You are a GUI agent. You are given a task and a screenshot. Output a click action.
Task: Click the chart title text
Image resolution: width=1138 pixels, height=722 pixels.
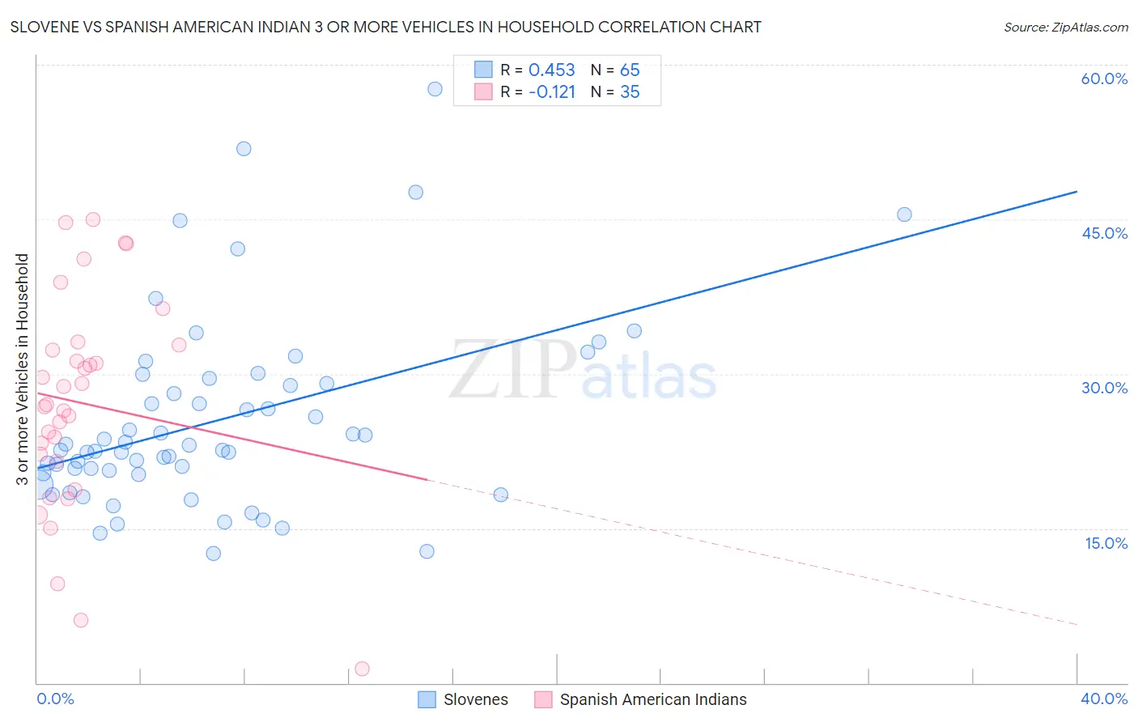pyautogui.click(x=385, y=27)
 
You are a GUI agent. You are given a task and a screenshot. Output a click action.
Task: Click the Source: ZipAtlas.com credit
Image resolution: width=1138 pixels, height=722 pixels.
pyautogui.click(x=1065, y=27)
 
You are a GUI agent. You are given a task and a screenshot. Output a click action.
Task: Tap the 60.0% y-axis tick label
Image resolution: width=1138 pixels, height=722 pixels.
pyautogui.click(x=1104, y=79)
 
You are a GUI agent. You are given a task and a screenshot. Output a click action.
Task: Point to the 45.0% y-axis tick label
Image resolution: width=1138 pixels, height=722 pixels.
pyautogui.click(x=1104, y=233)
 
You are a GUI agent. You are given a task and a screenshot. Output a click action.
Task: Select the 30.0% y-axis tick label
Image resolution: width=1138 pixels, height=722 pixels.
pyautogui.click(x=1104, y=388)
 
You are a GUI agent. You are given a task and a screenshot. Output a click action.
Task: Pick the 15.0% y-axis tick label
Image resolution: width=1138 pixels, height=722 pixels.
pyautogui.click(x=1106, y=543)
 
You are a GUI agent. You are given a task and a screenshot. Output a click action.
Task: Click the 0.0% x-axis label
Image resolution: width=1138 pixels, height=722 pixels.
pyautogui.click(x=55, y=699)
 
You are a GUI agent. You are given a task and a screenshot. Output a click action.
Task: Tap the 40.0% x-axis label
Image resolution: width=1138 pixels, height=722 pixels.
pyautogui.click(x=1103, y=699)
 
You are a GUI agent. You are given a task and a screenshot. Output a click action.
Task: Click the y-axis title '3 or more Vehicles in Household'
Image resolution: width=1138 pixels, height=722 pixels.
pyautogui.click(x=23, y=369)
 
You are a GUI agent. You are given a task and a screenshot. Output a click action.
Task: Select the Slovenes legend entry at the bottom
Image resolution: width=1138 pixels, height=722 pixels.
pyautogui.click(x=463, y=699)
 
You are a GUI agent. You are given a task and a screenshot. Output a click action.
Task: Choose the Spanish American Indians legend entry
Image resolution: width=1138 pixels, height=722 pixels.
pyautogui.click(x=641, y=699)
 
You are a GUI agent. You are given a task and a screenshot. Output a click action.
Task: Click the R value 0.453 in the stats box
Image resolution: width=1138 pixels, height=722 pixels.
pyautogui.click(x=551, y=70)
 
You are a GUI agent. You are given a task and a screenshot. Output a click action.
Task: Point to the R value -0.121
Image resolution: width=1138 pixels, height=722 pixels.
pyautogui.click(x=551, y=92)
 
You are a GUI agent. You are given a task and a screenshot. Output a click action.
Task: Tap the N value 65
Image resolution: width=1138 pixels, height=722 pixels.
pyautogui.click(x=630, y=70)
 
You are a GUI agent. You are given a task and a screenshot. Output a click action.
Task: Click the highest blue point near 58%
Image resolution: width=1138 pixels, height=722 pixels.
pyautogui.click(x=435, y=89)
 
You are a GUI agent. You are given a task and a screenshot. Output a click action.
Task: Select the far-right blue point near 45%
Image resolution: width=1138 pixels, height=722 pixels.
pyautogui.click(x=904, y=214)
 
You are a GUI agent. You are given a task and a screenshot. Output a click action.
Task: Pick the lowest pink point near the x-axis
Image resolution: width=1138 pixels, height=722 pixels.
pyautogui.click(x=362, y=669)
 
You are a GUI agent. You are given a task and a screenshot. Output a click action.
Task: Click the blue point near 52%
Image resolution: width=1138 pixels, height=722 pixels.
pyautogui.click(x=244, y=149)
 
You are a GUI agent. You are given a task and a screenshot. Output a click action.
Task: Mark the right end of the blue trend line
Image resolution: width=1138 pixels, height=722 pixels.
pyautogui.click(x=1076, y=192)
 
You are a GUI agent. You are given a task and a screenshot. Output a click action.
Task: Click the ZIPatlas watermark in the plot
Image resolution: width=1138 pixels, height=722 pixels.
pyautogui.click(x=583, y=372)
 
